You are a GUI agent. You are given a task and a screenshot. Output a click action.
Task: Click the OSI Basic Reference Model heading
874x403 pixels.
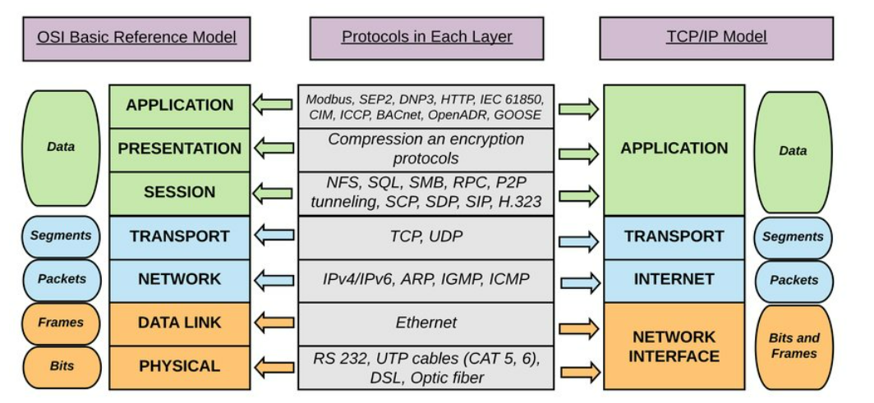[136, 37]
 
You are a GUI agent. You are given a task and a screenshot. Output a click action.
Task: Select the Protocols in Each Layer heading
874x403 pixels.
[426, 37]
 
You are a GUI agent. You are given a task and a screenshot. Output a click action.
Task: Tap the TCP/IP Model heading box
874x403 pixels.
[716, 37]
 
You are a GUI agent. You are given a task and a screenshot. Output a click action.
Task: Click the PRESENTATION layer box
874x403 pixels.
[179, 149]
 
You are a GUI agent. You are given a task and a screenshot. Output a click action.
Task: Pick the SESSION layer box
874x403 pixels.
[179, 192]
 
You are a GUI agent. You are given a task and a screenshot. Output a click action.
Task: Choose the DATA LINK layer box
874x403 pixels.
[179, 323]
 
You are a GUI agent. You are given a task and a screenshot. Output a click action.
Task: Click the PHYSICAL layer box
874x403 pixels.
[179, 366]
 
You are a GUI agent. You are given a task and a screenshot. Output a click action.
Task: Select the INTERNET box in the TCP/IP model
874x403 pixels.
[674, 279]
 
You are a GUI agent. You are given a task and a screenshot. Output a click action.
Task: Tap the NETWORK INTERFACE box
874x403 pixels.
[674, 346]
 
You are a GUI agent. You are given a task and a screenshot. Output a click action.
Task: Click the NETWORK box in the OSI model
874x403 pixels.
[179, 279]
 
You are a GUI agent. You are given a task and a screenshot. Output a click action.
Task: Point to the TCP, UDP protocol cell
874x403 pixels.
[426, 236]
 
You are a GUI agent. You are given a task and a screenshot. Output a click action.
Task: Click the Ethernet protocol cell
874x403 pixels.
[426, 323]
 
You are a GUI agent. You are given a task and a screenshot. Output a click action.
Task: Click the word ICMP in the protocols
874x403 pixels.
[509, 279]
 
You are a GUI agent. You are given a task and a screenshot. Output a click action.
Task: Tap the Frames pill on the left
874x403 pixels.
[61, 323]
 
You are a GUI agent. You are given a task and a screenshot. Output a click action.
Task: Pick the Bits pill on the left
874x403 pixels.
[61, 366]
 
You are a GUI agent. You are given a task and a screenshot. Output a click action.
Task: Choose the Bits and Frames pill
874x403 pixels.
[793, 346]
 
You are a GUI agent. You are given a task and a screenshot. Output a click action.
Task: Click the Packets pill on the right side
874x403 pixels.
[793, 280]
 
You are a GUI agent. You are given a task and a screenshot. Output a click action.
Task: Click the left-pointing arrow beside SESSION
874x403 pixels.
[273, 195]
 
